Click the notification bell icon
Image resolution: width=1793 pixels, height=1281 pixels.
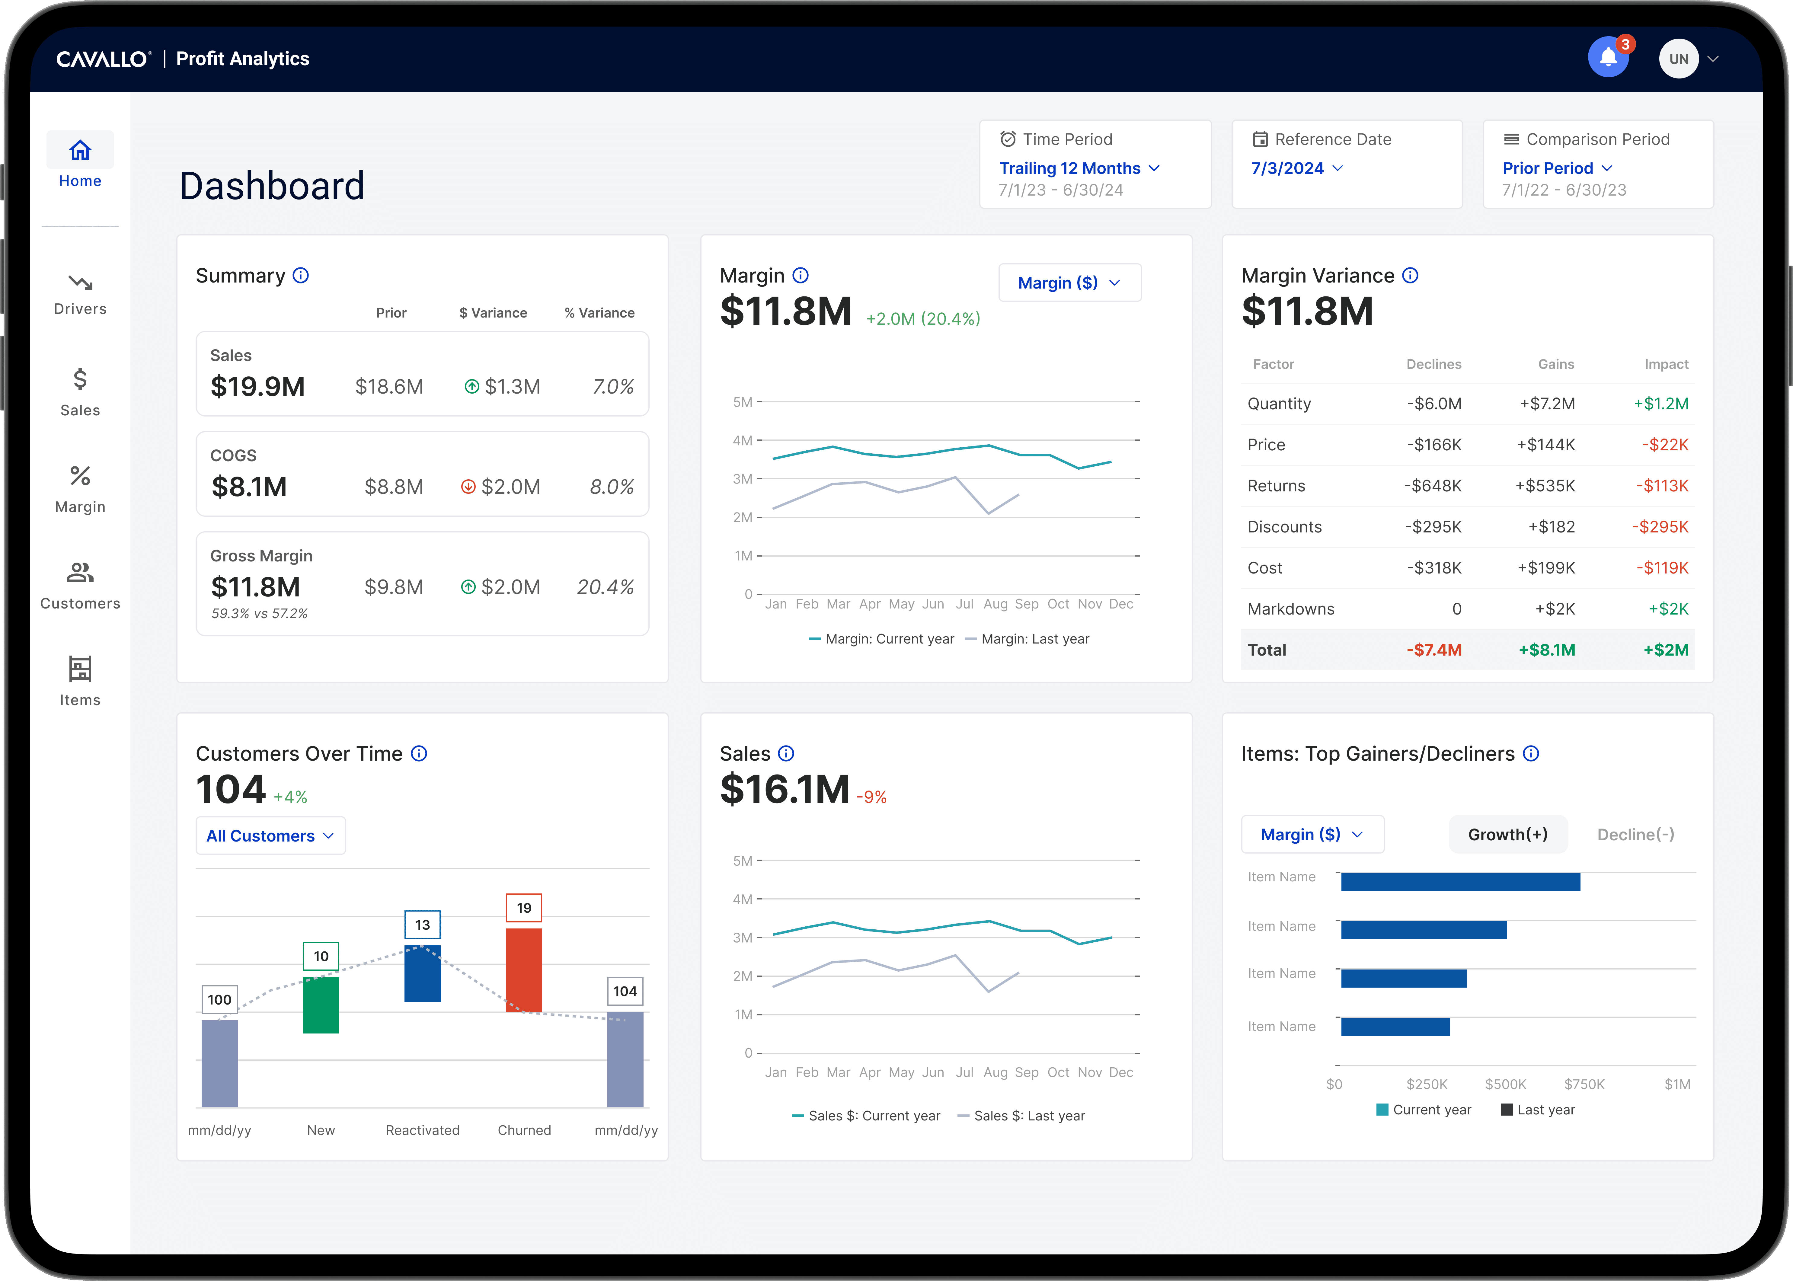coord(1608,58)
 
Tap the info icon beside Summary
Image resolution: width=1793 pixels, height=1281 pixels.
coord(301,275)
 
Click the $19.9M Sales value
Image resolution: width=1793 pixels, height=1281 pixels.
coord(257,387)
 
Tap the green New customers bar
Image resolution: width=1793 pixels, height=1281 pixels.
coord(321,1005)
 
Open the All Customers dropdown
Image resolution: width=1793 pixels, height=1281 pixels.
coord(270,835)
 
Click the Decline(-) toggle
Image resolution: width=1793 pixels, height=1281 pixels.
coord(1635,835)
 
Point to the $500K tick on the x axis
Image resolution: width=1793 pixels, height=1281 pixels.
coord(1505,1084)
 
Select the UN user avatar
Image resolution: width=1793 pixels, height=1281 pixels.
coord(1679,58)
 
